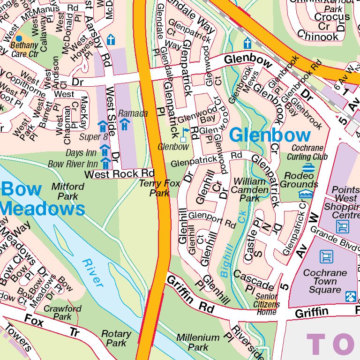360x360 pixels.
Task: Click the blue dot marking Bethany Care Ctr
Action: click(x=19, y=38)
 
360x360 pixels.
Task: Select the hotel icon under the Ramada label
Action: click(x=125, y=125)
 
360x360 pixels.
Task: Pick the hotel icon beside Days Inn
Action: click(x=105, y=150)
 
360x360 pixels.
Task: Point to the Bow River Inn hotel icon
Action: click(x=106, y=163)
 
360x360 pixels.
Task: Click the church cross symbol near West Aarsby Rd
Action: click(x=111, y=39)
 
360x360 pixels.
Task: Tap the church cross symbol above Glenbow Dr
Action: click(x=247, y=44)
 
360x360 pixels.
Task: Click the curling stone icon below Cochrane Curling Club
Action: click(x=308, y=167)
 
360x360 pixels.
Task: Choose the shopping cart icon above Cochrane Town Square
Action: click(x=326, y=256)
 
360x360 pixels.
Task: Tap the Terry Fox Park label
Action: click(x=160, y=188)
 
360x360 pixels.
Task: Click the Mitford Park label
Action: click(x=68, y=191)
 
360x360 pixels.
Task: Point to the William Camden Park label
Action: click(x=249, y=189)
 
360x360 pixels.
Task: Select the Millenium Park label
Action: click(x=198, y=342)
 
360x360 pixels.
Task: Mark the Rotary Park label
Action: click(x=116, y=338)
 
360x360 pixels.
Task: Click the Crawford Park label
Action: click(x=62, y=313)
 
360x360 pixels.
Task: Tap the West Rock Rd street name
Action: click(x=119, y=174)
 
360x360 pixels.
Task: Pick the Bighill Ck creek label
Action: click(x=228, y=249)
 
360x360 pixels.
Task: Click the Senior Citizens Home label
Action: click(x=267, y=304)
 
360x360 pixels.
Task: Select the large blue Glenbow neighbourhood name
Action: click(x=270, y=135)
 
